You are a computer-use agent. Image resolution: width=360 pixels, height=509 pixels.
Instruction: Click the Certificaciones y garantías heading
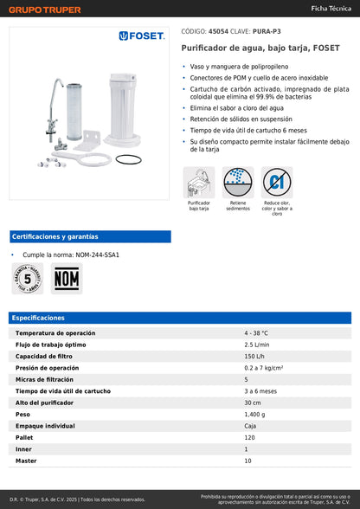pyautogui.click(x=55, y=236)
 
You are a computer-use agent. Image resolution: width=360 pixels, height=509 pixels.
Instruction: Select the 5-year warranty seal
pyautogui.click(x=28, y=279)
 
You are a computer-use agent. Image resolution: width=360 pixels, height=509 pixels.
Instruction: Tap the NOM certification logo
pyautogui.click(x=66, y=279)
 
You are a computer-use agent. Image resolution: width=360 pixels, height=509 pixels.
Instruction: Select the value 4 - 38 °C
pyautogui.click(x=256, y=332)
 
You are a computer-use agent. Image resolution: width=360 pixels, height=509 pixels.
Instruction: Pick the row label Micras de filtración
pyautogui.click(x=51, y=379)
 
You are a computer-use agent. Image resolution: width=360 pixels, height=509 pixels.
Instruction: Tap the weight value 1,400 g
pyautogui.click(x=256, y=415)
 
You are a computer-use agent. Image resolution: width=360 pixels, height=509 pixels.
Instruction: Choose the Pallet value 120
pyautogui.click(x=250, y=438)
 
